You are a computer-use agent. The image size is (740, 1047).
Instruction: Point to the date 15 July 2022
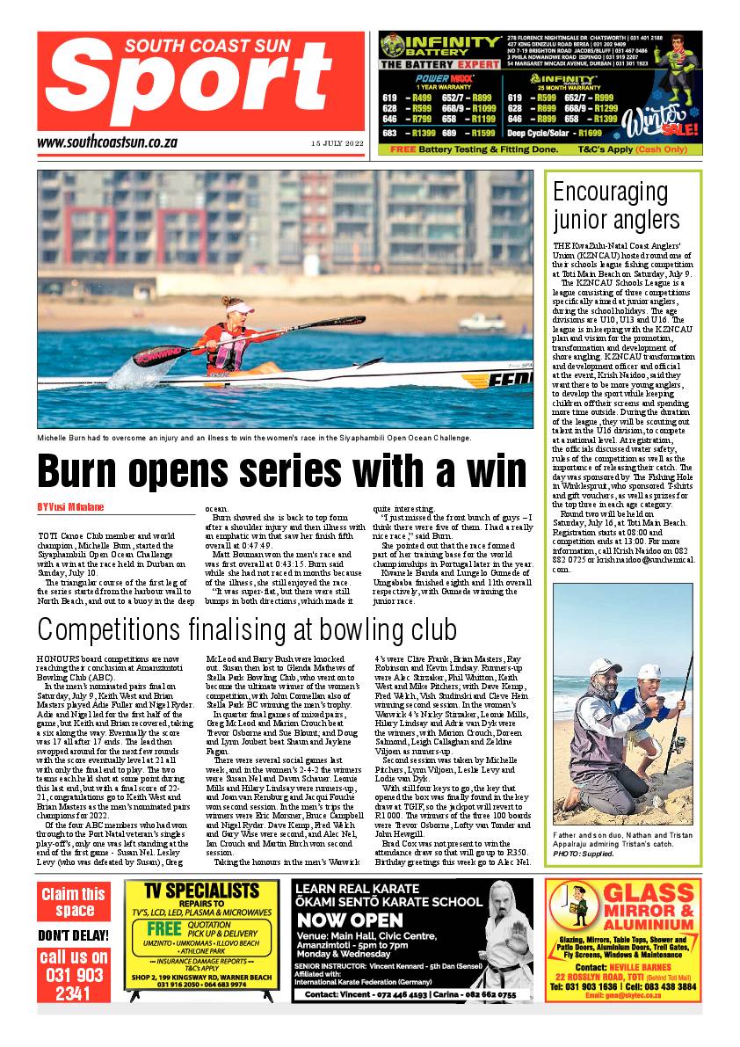(337, 143)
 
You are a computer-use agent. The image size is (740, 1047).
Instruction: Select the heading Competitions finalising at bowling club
(247, 630)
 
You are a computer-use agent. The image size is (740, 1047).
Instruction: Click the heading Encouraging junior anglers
(616, 206)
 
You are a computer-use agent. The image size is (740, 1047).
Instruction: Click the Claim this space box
(74, 901)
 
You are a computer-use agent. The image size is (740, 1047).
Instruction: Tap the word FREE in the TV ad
(163, 929)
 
